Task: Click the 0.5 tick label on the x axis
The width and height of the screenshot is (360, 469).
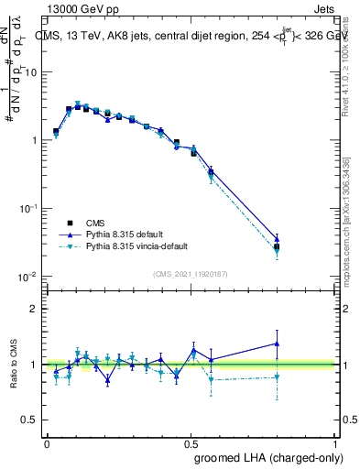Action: (x=190, y=442)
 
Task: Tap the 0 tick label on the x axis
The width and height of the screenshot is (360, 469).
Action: (x=46, y=442)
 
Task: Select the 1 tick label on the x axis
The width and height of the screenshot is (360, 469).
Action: (x=334, y=442)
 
